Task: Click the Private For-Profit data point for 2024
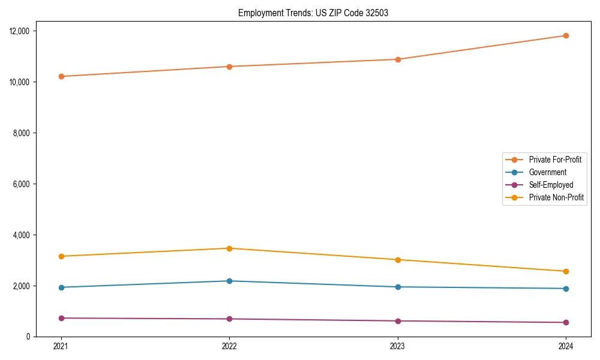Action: tap(566, 35)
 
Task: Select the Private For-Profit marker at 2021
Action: tap(61, 76)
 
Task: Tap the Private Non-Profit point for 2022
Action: tap(229, 248)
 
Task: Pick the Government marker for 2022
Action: tap(229, 281)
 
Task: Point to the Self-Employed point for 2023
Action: tap(398, 321)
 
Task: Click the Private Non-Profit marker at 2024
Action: tap(566, 271)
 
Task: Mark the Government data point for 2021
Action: tap(61, 287)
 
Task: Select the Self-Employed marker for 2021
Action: tap(61, 318)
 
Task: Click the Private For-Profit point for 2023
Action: tap(398, 59)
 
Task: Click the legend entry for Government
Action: tap(547, 172)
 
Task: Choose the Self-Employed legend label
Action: tap(551, 185)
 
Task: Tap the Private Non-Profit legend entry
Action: tap(556, 197)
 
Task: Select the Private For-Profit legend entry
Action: tap(555, 160)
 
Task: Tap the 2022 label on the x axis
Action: tap(229, 346)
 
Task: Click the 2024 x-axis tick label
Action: tap(566, 346)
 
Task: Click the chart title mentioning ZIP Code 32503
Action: tap(313, 13)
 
